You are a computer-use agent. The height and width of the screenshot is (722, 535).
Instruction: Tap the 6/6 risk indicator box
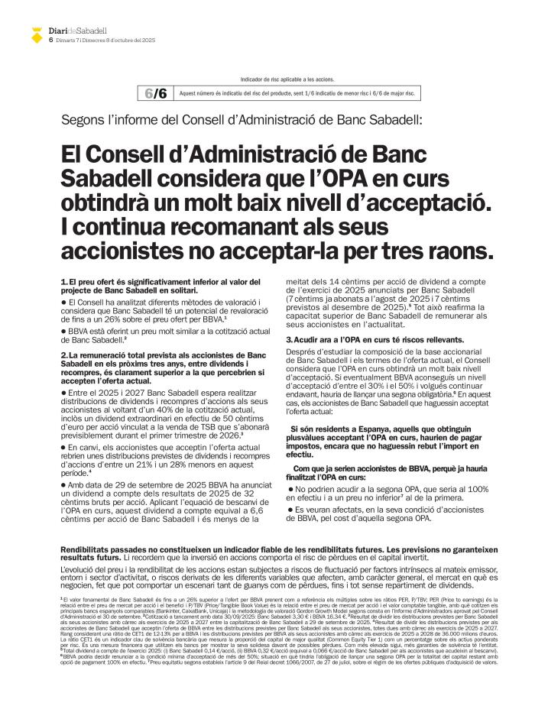pyautogui.click(x=155, y=93)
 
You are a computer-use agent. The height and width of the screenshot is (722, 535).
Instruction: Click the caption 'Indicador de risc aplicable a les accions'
pyautogui.click(x=287, y=79)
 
